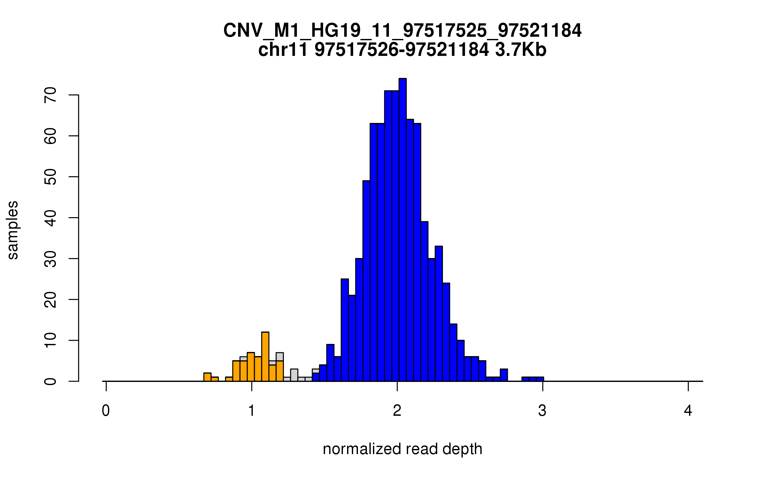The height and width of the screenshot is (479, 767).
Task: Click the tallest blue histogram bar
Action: pos(402,230)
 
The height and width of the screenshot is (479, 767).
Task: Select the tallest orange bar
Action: pos(265,357)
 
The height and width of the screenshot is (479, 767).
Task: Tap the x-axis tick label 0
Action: pos(106,411)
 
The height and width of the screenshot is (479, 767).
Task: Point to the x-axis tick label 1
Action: pos(252,411)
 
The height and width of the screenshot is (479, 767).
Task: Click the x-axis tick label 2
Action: pos(397,411)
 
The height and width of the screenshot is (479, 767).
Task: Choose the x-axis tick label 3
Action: pos(542,411)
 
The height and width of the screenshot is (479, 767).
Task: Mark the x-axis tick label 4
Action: pos(688,411)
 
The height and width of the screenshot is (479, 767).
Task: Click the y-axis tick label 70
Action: pos(50,95)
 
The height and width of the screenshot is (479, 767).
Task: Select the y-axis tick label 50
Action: pos(50,177)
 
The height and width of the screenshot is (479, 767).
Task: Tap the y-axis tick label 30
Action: pos(50,259)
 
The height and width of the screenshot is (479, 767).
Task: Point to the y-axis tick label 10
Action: pos(50,340)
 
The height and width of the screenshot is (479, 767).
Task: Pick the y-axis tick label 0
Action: pos(50,381)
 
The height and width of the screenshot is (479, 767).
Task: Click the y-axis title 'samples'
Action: pos(13,230)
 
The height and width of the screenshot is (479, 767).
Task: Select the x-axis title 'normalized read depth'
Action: pos(402,449)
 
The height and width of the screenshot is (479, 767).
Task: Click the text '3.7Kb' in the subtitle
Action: pos(521,50)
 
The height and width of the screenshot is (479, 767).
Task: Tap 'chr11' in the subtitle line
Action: pos(283,50)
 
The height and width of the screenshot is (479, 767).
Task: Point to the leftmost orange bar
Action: pos(207,377)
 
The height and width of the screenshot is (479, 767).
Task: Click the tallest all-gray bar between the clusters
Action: pos(294,375)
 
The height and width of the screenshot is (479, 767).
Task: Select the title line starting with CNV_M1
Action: pos(402,31)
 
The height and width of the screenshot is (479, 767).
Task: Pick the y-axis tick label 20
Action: pos(50,300)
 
